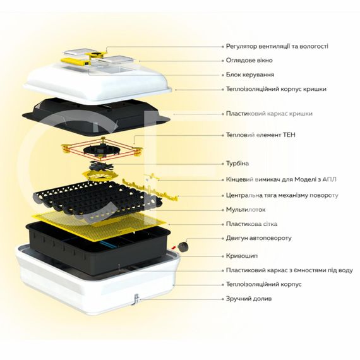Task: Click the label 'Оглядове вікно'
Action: [249, 61]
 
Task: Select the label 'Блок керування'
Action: [250, 75]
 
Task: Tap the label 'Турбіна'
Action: [237, 164]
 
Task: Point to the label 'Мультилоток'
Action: [246, 210]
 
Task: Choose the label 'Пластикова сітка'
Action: [251, 224]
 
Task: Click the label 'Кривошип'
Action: [242, 256]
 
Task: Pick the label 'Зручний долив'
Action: [249, 299]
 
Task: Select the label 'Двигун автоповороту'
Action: [259, 238]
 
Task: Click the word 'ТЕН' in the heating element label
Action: [289, 135]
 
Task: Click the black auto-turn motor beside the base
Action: [184, 246]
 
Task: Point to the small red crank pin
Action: [174, 248]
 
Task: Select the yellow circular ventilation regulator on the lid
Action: [96, 55]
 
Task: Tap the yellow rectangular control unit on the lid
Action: [75, 61]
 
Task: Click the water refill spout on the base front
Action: [136, 299]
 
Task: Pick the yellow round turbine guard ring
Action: [100, 176]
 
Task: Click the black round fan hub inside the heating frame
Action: [101, 150]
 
